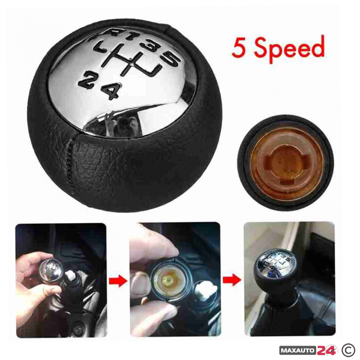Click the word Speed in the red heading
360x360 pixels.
coord(289,48)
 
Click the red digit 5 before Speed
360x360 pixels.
coord(239,48)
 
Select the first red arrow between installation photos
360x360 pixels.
coord(118,281)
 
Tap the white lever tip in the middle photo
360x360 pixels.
coord(205,291)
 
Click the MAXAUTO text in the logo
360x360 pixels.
coord(298,350)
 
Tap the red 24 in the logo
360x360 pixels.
coord(326,350)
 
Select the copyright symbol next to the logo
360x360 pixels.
coord(348,350)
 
